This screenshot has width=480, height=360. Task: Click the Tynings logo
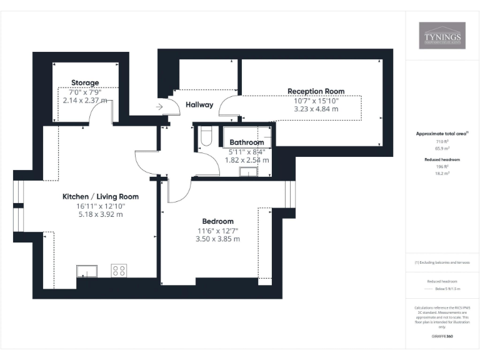tap(442, 36)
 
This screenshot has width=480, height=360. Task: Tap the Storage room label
tap(85, 82)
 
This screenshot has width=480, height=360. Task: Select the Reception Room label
tap(316, 91)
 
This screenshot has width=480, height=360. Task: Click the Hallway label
tap(199, 105)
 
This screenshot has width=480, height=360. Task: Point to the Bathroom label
tap(246, 142)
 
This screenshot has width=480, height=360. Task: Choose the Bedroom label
tap(217, 221)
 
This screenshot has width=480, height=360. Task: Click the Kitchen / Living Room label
tap(101, 196)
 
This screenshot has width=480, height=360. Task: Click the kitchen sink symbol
tap(86, 271)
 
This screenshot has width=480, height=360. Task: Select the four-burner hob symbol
tap(119, 271)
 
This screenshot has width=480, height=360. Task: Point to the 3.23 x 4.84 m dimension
tap(316, 109)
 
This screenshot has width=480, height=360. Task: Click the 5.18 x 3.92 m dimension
tap(101, 214)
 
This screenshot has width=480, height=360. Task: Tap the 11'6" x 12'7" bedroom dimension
tap(217, 230)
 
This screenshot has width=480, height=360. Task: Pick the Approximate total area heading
tap(442, 134)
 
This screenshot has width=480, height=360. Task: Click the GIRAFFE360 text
tap(442, 337)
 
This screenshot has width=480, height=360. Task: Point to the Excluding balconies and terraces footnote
tap(442, 262)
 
